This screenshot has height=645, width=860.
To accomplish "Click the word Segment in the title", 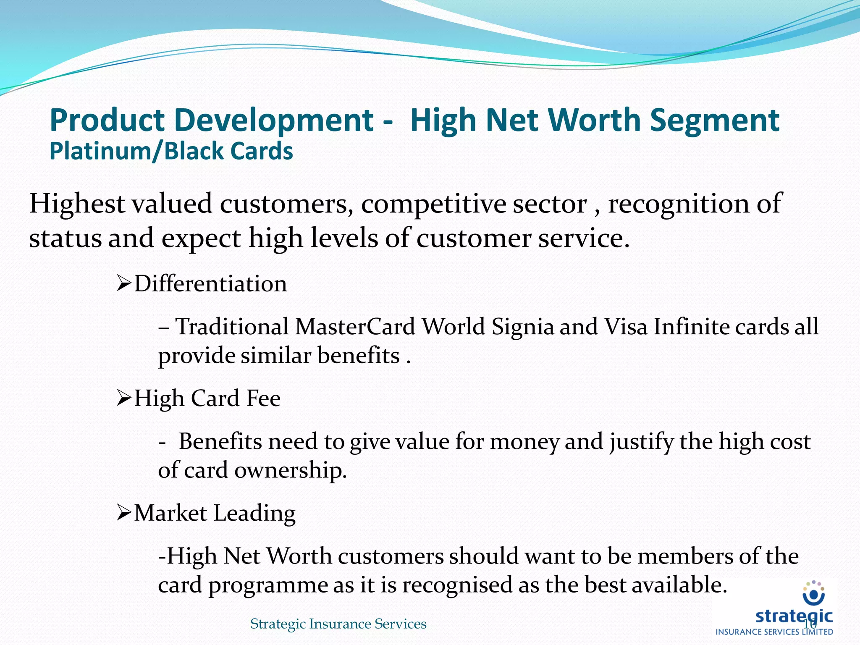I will [x=715, y=121].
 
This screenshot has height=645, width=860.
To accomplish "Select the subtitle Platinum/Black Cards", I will [x=171, y=151].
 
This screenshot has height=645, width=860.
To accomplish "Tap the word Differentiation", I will [x=210, y=284].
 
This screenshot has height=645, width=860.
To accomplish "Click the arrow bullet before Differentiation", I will [x=124, y=283].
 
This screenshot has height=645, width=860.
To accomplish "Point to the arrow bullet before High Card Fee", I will [x=124, y=398].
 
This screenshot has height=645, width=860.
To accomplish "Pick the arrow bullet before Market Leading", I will [x=124, y=513].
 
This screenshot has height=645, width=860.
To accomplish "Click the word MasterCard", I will [x=355, y=327].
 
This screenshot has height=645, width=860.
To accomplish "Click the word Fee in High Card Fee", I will [x=263, y=398].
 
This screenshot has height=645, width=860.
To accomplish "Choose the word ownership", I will [x=290, y=470].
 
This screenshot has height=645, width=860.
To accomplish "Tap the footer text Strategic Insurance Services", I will [x=338, y=624].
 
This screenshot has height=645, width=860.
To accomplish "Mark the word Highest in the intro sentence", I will [x=77, y=205].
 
